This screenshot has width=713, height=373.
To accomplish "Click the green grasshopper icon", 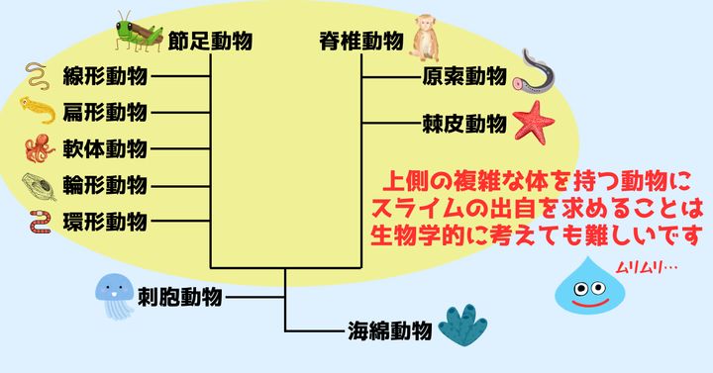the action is click(138, 33).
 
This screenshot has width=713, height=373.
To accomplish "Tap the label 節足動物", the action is click(210, 41).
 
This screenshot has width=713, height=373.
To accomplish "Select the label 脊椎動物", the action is click(360, 41).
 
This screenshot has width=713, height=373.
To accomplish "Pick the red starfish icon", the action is click(534, 123).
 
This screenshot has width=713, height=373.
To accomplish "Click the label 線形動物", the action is click(104, 76).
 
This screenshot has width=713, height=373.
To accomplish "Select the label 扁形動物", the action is click(104, 112).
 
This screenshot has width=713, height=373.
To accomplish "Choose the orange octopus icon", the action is click(41, 148).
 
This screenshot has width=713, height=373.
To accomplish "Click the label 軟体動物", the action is click(104, 148).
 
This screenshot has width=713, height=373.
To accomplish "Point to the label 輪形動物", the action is click(104, 184).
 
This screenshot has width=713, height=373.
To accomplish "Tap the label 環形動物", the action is click(104, 220).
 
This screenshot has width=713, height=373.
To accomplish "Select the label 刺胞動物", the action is click(180, 295).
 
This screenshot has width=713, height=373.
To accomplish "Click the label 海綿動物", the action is click(389, 330).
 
